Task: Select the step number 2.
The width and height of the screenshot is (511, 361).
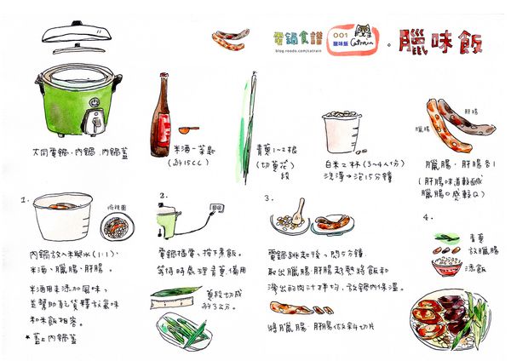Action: click(x=163, y=197)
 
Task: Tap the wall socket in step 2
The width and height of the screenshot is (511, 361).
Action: click(x=216, y=207)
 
